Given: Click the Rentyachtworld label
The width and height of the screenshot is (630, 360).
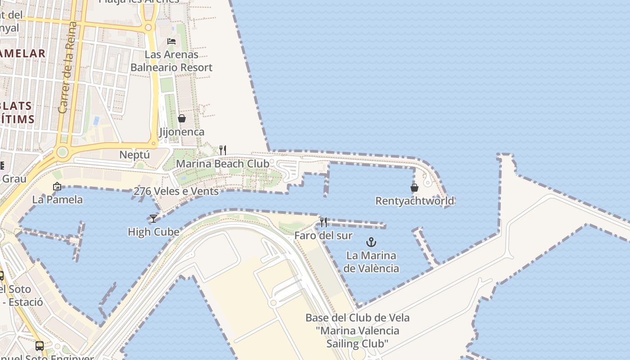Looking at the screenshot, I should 414,201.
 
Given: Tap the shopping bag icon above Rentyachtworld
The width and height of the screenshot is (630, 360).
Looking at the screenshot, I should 414,188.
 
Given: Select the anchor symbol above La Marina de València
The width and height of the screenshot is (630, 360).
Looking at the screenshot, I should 371,243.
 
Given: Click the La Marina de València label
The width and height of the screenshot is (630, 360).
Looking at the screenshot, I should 371,262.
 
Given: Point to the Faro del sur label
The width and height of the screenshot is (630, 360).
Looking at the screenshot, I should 323,235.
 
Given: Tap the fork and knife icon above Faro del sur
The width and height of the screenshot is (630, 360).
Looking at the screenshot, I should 324,222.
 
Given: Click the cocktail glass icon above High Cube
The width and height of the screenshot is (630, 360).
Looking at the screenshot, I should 153,219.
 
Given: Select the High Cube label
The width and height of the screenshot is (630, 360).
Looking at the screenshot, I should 153,232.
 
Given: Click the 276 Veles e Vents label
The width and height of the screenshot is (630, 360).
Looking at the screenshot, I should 176,191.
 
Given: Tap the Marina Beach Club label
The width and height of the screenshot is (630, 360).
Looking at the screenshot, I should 222,163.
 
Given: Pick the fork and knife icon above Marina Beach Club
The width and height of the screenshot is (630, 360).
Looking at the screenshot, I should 223,150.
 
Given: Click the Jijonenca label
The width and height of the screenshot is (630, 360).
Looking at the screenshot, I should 182,132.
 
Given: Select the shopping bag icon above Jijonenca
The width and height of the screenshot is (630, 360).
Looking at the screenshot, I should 182,119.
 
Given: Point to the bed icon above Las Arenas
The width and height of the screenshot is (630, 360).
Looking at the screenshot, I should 171,41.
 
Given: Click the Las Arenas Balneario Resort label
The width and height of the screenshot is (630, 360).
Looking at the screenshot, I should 171,61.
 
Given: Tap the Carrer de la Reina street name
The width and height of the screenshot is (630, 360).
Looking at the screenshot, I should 69,67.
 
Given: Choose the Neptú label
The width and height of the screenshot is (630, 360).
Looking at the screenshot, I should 134,155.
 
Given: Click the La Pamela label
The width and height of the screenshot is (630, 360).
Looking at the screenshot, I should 57,199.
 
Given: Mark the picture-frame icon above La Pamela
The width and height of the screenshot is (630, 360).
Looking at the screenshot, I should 57,186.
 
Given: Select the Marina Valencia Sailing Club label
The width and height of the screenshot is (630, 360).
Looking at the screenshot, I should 357,331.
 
